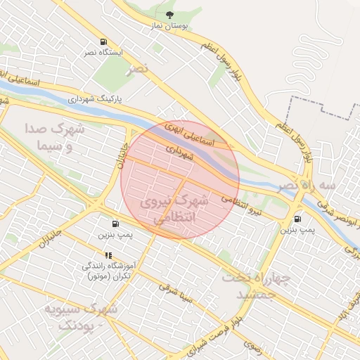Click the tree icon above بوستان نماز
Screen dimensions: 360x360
[169, 14]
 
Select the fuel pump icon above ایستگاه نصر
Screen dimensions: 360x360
[104, 42]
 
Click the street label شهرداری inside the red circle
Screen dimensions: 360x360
[179, 150]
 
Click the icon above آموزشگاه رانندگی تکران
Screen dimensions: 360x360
[108, 255]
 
